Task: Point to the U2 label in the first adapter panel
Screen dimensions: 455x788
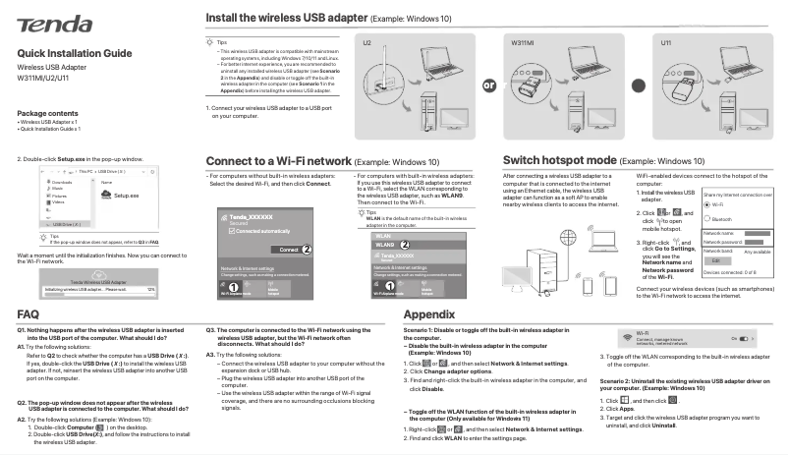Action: click(367, 44)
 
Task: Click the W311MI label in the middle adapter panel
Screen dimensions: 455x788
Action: click(521, 44)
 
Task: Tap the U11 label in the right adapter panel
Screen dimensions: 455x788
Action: click(666, 44)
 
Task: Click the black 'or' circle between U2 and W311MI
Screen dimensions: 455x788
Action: click(488, 85)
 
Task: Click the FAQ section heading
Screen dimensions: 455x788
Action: click(28, 313)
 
